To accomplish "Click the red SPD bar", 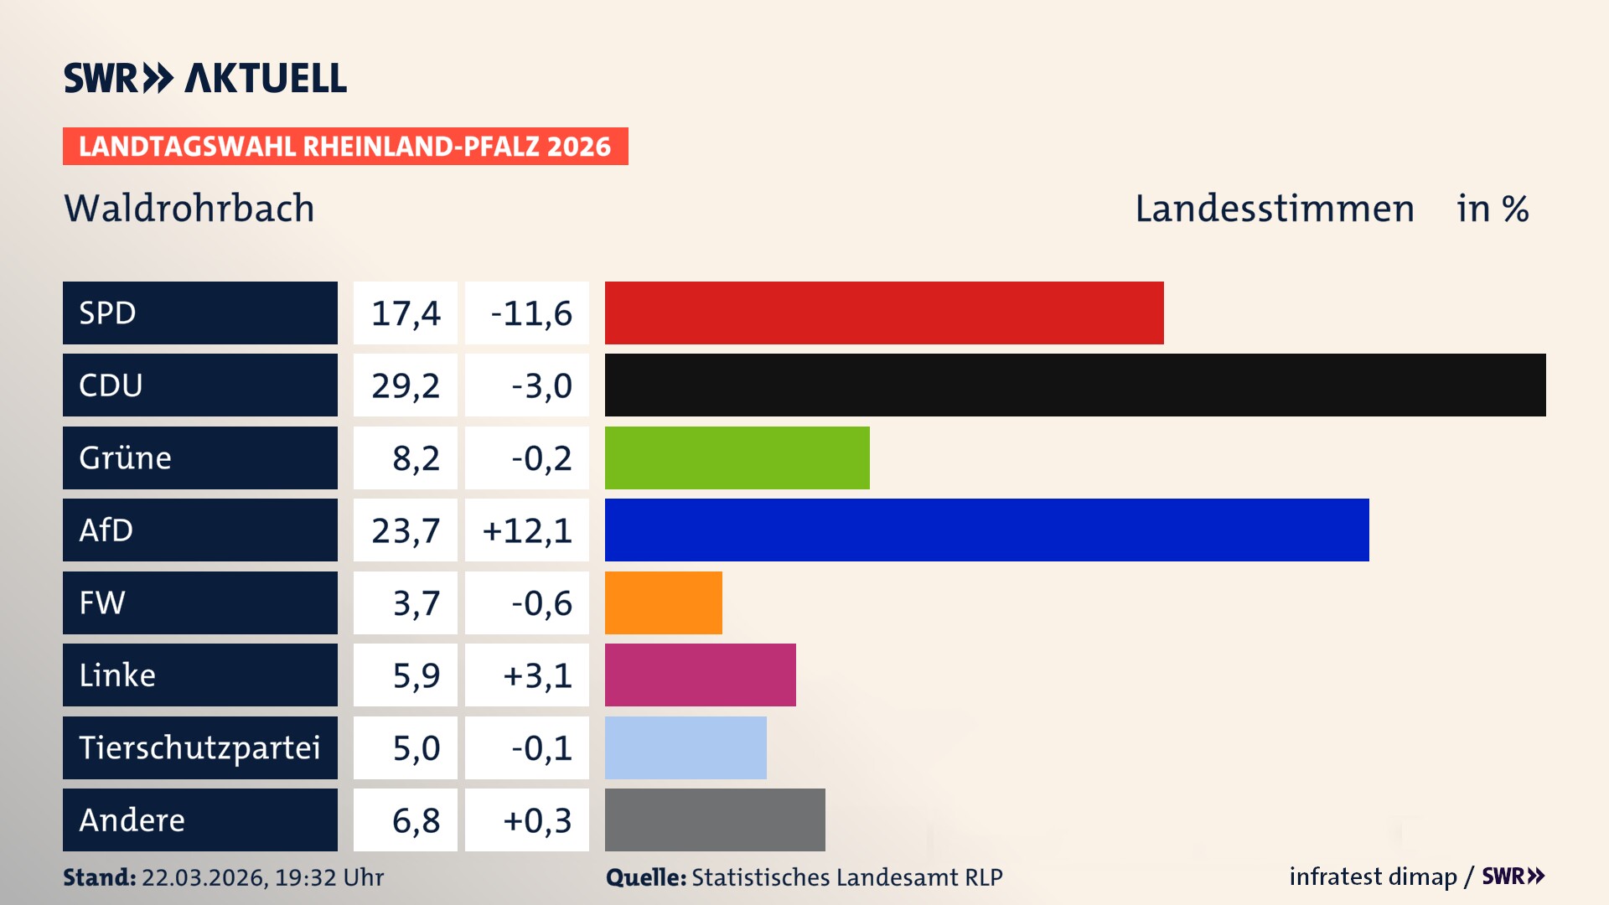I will (x=884, y=313).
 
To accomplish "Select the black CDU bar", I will (x=1075, y=385).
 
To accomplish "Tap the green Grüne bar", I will (x=737, y=458).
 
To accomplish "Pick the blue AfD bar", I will (x=986, y=530).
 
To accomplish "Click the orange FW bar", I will (x=663, y=602).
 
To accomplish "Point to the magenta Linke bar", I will (x=700, y=675).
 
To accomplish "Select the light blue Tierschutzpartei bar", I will (x=686, y=747).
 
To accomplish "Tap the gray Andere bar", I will (x=715, y=820).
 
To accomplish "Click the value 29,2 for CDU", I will (x=406, y=385).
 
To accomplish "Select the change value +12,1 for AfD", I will (x=527, y=530).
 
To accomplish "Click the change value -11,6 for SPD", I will (x=530, y=313).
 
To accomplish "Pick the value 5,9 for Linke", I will (x=416, y=675).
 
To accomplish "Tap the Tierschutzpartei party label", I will (x=199, y=747).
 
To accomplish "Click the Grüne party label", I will (x=126, y=458).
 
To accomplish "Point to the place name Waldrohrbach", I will (x=189, y=209).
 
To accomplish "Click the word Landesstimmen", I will (x=1274, y=209).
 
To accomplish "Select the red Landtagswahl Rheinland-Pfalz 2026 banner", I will (x=345, y=147).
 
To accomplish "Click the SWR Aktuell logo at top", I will (x=205, y=78).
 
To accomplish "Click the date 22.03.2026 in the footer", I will (x=204, y=877).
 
